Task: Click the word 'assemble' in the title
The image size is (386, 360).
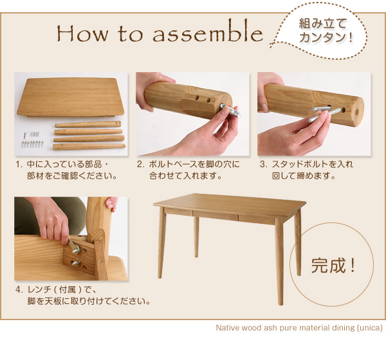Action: (208, 33)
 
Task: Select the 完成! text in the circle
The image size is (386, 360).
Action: (333, 265)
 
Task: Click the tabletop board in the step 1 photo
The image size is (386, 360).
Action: (70, 97)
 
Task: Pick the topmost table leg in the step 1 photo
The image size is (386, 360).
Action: (88, 124)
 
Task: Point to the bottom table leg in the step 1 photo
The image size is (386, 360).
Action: (89, 147)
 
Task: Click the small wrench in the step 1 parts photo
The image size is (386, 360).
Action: (24, 134)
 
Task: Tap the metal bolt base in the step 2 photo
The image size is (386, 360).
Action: (231, 110)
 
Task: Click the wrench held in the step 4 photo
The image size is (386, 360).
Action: (74, 246)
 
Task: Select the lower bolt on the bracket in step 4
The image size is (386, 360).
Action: (75, 263)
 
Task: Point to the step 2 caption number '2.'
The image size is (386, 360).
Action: (141, 164)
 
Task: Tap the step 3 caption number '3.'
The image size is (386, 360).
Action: (263, 164)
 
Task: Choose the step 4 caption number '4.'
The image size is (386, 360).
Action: (19, 290)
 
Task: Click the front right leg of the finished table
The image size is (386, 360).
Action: (279, 262)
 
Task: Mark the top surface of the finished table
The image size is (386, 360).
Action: (230, 204)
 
